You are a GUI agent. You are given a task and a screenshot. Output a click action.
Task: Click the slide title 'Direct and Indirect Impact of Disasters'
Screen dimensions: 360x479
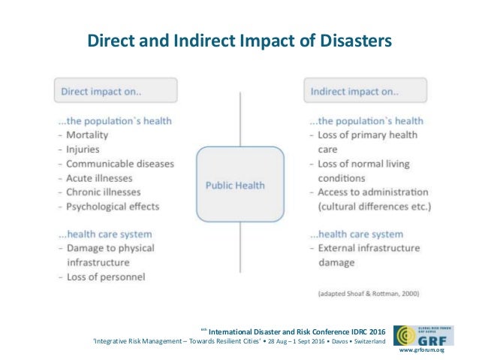pyautogui.click(x=239, y=39)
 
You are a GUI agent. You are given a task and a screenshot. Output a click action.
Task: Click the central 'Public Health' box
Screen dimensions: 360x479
pyautogui.click(x=239, y=184)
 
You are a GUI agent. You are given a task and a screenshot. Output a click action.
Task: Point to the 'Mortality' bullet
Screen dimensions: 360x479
pyautogui.click(x=87, y=135)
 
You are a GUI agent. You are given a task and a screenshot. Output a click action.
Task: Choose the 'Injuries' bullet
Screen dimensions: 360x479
pyautogui.click(x=83, y=149)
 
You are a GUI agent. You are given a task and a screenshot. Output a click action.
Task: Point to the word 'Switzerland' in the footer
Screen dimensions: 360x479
pyautogui.click(x=367, y=342)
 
